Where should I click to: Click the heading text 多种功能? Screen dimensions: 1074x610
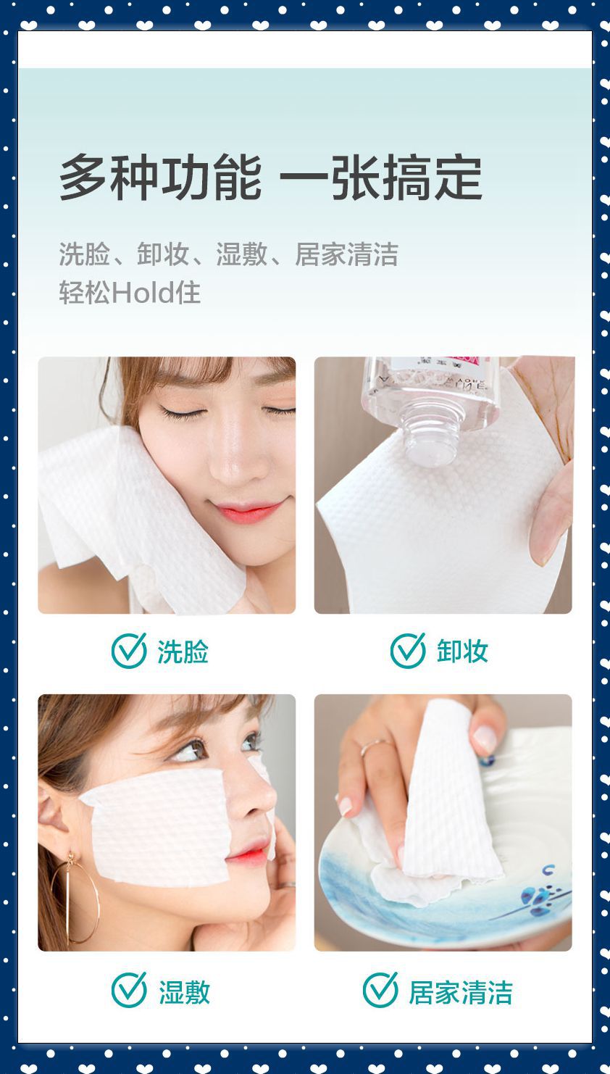[x=159, y=178]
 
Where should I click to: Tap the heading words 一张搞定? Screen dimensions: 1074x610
[x=381, y=178]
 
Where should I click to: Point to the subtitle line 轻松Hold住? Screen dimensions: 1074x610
[x=130, y=293]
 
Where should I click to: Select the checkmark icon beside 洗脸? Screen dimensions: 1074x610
[x=129, y=650]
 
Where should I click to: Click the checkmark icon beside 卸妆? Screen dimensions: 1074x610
[x=408, y=650]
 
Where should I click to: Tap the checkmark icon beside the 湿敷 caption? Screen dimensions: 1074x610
[x=129, y=990]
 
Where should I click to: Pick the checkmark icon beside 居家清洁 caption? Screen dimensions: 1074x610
[x=380, y=990]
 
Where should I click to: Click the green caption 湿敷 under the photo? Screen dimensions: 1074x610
[x=184, y=992]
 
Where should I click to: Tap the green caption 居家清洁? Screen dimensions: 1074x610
[x=461, y=992]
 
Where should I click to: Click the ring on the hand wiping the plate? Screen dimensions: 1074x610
[x=374, y=746]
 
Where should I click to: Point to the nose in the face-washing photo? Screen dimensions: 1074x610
[x=235, y=464]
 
